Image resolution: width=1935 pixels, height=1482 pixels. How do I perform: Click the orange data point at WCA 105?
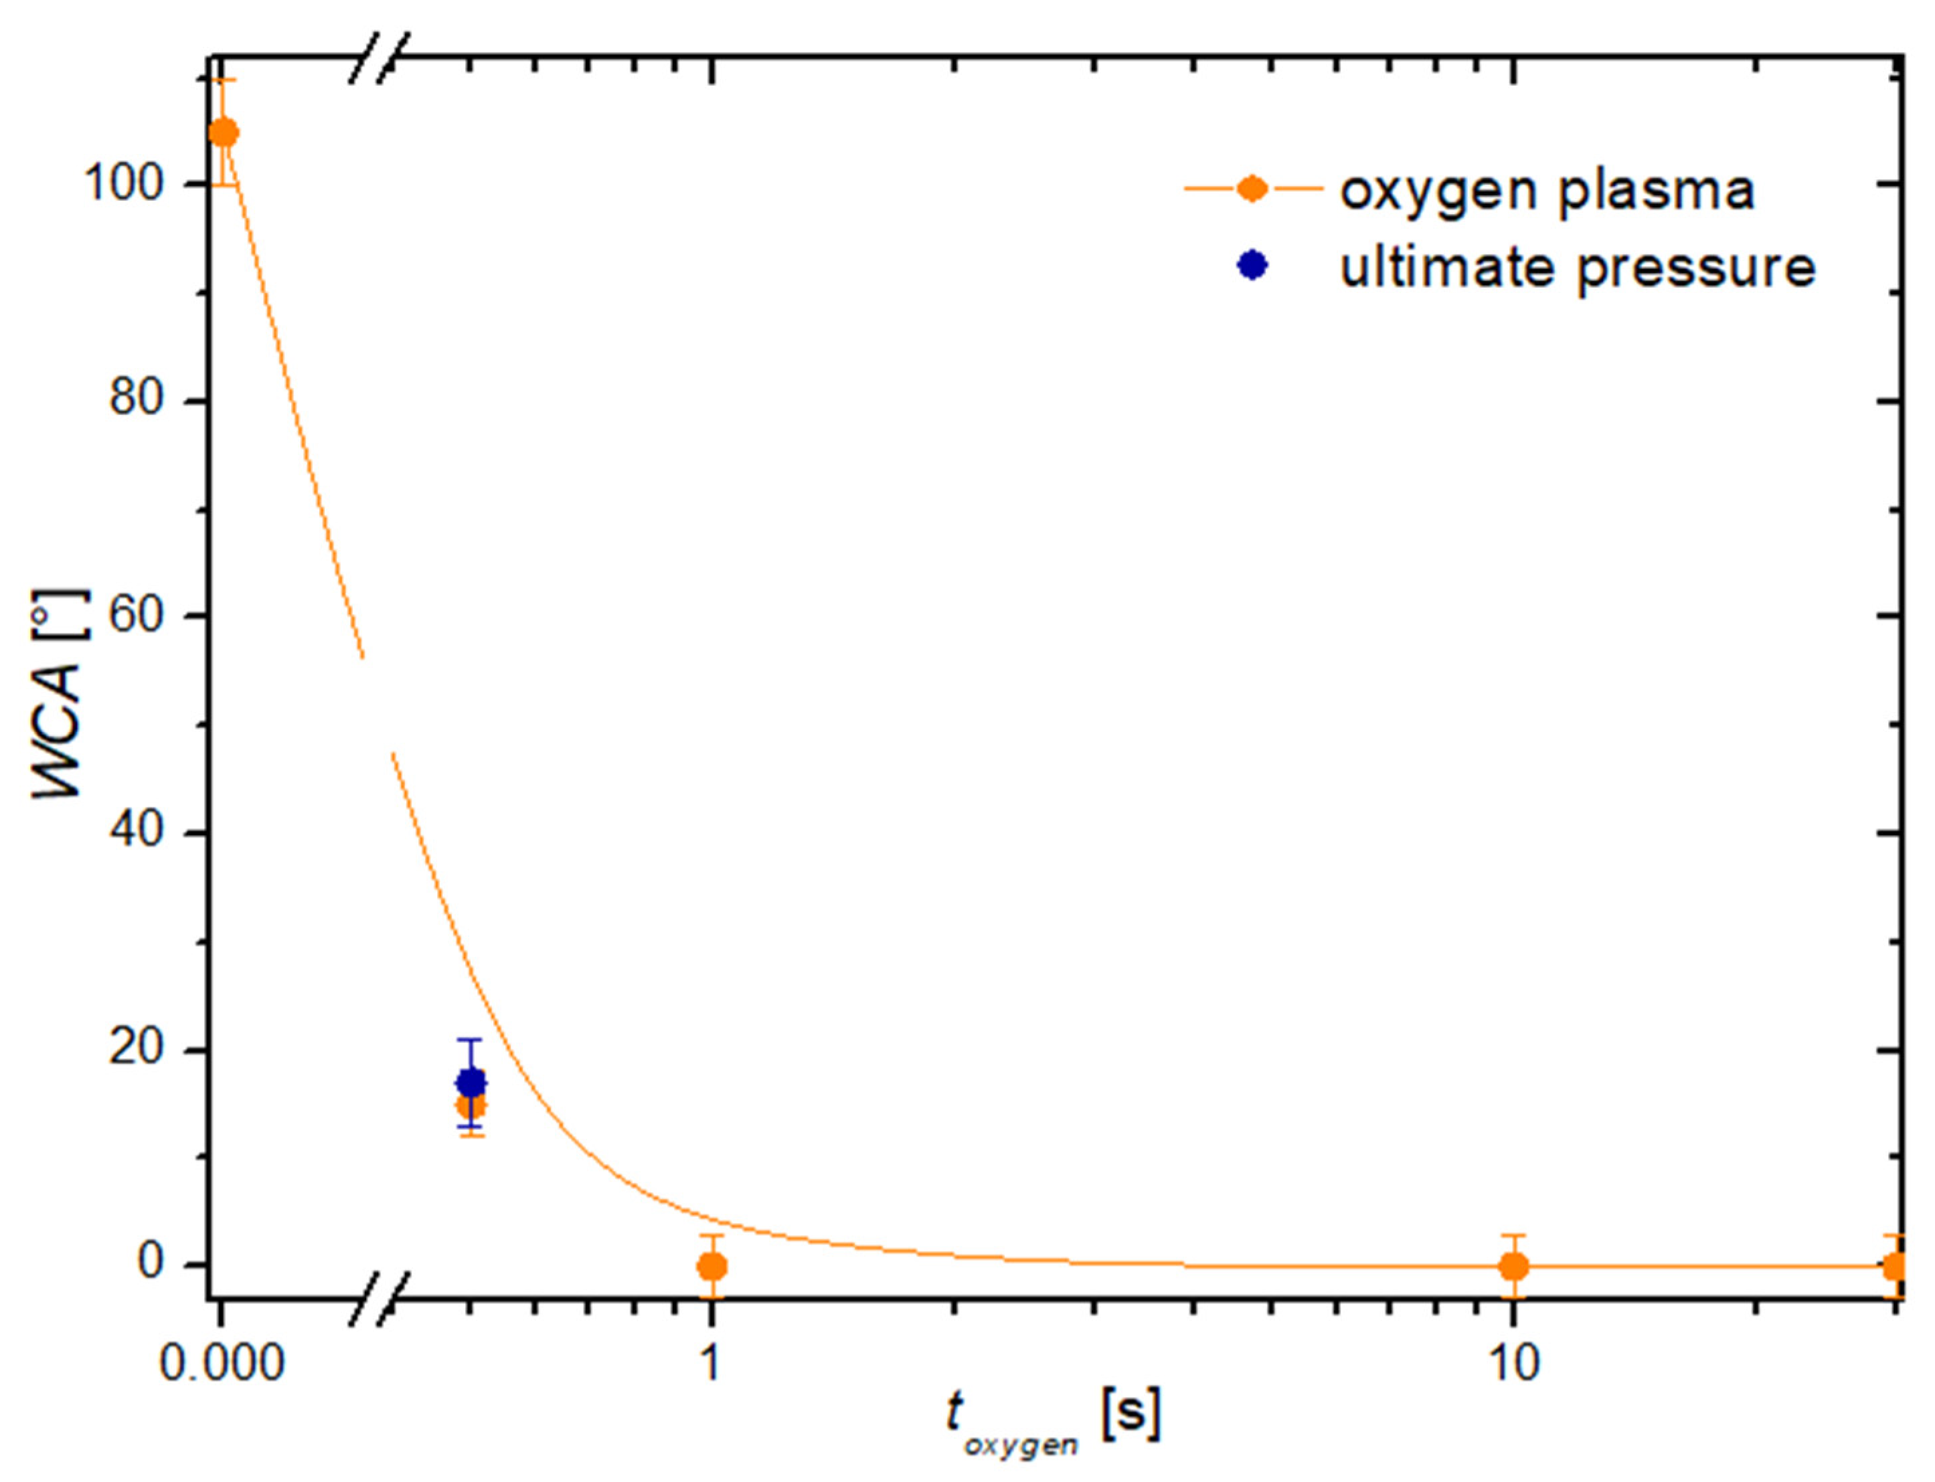[224, 133]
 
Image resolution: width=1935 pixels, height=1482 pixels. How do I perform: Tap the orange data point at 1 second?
[712, 1267]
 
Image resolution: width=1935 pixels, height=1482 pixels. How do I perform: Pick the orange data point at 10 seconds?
[1513, 1267]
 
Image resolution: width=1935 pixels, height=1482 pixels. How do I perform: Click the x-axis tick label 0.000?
[222, 1363]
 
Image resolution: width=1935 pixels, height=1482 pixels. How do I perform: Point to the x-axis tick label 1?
[710, 1363]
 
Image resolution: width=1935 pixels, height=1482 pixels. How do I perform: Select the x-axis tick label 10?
[1514, 1363]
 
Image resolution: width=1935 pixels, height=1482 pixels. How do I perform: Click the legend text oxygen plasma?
[1547, 189]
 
